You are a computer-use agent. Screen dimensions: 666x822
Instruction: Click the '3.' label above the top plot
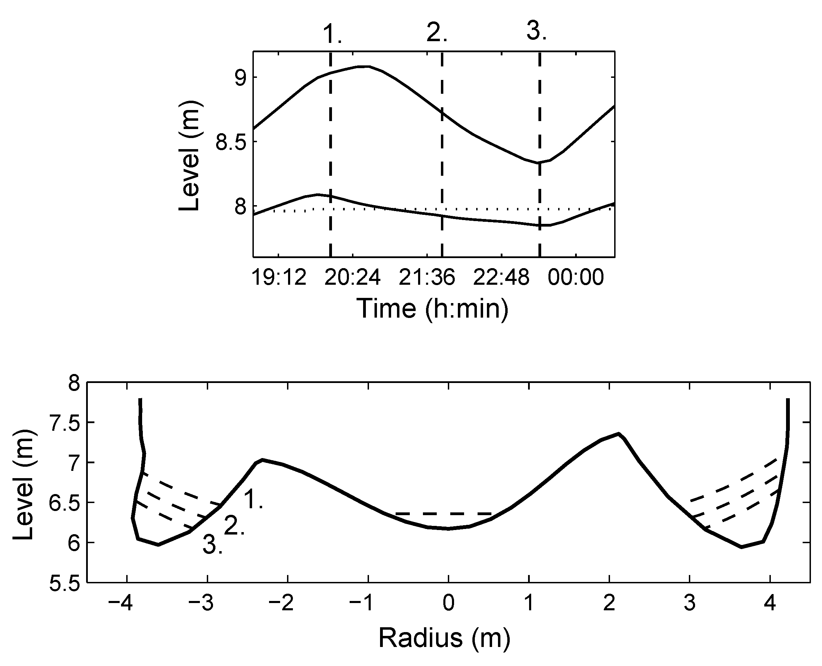click(x=536, y=31)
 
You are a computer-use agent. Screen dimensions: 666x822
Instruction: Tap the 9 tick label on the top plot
click(x=240, y=78)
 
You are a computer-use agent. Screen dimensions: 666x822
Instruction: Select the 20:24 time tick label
click(x=352, y=277)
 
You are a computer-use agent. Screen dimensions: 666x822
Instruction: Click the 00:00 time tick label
click(x=575, y=277)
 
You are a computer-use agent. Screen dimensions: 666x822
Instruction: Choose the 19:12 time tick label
click(x=279, y=277)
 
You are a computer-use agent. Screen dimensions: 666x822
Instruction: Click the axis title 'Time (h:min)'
click(x=433, y=309)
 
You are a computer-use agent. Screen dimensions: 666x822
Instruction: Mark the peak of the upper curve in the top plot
click(x=363, y=66)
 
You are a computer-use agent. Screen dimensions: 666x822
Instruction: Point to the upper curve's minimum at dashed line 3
click(x=539, y=163)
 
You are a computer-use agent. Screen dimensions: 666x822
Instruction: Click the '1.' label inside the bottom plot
click(x=253, y=500)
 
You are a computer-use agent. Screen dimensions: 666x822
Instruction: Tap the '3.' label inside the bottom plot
click(x=212, y=545)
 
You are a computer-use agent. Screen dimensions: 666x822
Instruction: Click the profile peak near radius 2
click(x=618, y=434)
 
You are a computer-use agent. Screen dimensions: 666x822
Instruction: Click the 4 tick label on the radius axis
click(x=769, y=603)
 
